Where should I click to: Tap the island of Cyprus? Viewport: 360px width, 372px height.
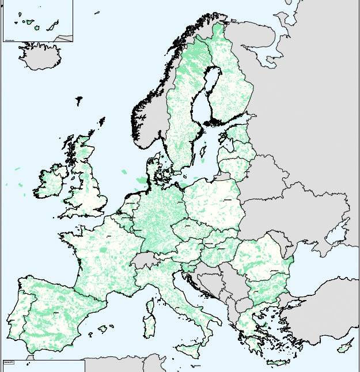click(x=345, y=345)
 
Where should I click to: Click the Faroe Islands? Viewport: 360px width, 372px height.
click(x=78, y=101)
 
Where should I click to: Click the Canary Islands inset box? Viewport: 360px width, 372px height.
click(x=37, y=21)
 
